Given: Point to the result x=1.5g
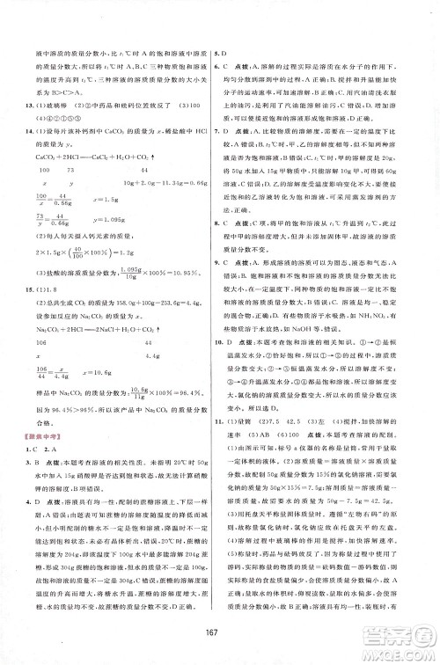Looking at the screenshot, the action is pos(115,202).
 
